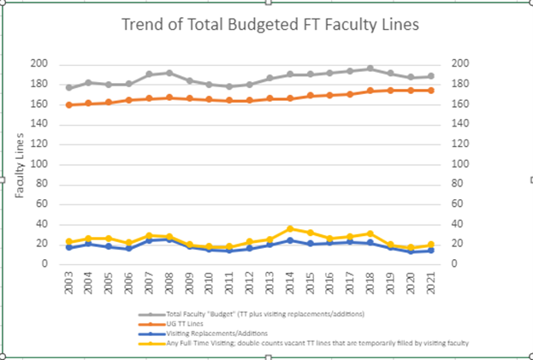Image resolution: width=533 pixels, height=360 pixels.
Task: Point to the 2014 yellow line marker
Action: [x=291, y=228]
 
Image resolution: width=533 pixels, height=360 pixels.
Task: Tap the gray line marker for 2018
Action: [x=370, y=68]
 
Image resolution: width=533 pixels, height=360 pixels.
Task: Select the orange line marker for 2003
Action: [x=69, y=105]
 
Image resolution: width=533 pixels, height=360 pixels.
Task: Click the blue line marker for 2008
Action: [x=169, y=239]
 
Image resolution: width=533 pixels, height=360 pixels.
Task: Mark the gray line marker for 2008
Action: [x=169, y=73]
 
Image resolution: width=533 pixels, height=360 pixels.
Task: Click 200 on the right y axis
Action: [x=459, y=64]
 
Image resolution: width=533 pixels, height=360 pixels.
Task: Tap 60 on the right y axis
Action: [x=457, y=204]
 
